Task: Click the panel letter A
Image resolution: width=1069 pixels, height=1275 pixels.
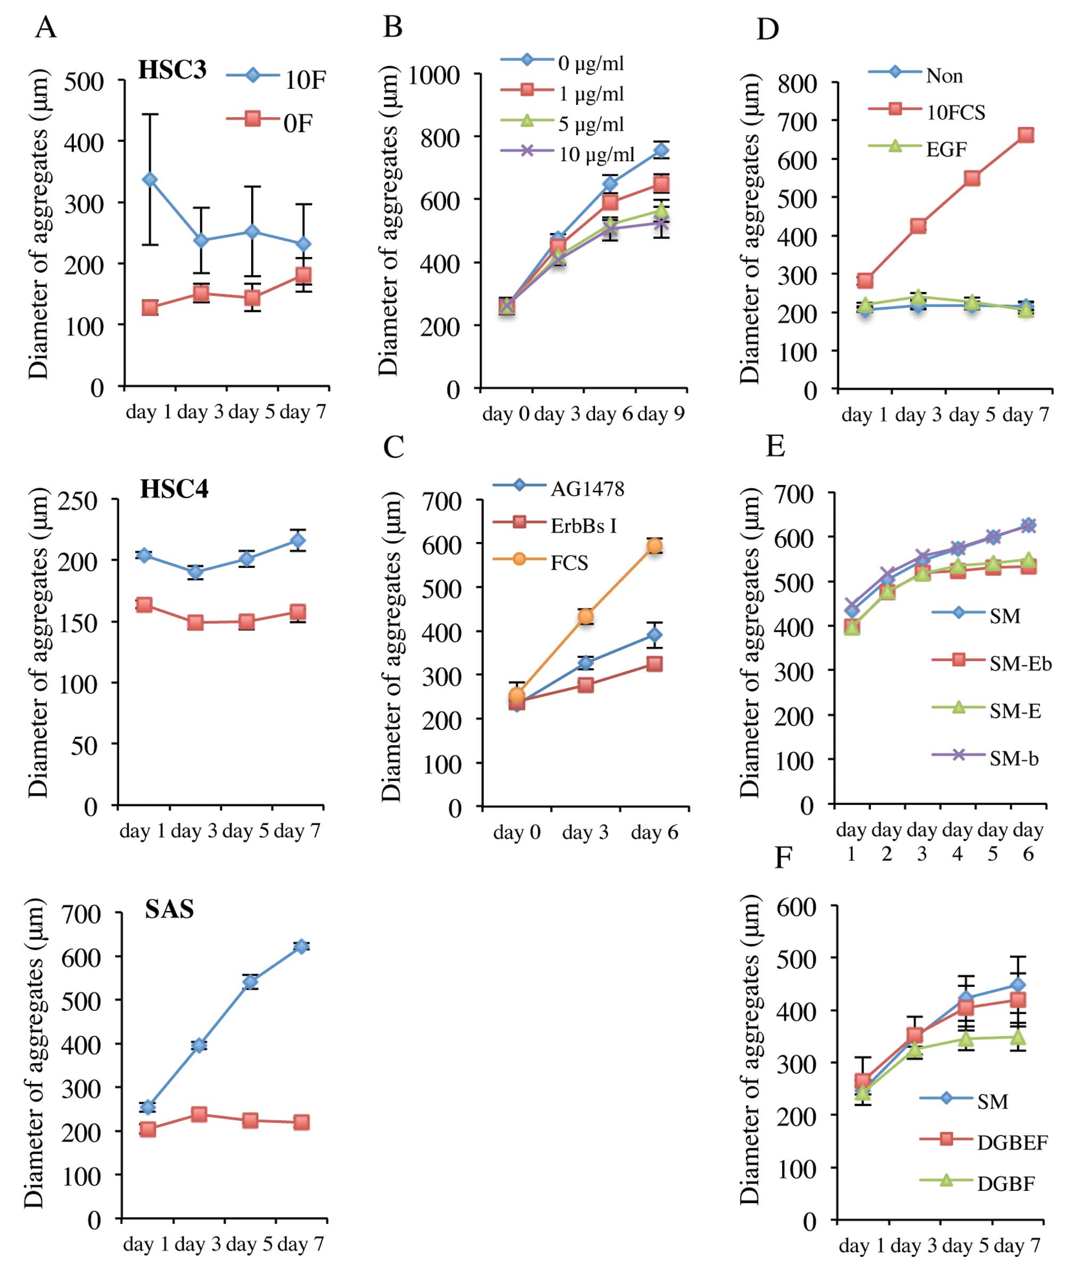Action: [46, 27]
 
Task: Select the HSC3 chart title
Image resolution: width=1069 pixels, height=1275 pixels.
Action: [172, 70]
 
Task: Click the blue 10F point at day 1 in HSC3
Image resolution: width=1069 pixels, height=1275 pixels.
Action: [150, 180]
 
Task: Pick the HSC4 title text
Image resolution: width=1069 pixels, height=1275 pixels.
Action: [174, 489]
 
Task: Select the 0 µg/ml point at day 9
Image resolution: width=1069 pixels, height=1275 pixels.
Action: [661, 150]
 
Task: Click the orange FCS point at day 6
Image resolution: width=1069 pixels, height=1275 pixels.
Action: [654, 546]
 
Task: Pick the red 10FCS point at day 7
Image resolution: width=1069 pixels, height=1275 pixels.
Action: [1026, 135]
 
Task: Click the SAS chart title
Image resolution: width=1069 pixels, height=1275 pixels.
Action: [169, 909]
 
